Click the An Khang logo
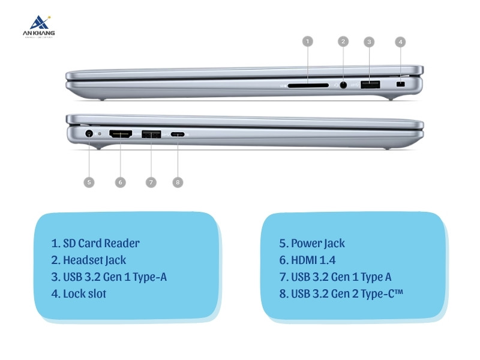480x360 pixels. [x=37, y=27]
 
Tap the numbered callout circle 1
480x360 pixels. [x=307, y=41]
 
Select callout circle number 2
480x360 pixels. [x=343, y=41]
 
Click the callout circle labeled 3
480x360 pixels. [x=370, y=41]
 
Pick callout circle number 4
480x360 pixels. [x=400, y=41]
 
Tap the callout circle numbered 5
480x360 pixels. [x=89, y=182]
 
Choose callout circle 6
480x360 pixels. [x=120, y=182]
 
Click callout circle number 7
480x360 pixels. [x=151, y=182]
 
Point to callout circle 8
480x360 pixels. [x=178, y=182]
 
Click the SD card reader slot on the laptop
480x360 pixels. [x=308, y=86]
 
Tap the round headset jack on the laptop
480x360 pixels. [x=343, y=85]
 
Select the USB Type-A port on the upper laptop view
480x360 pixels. [x=370, y=85]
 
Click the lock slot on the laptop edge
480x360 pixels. [x=401, y=86]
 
